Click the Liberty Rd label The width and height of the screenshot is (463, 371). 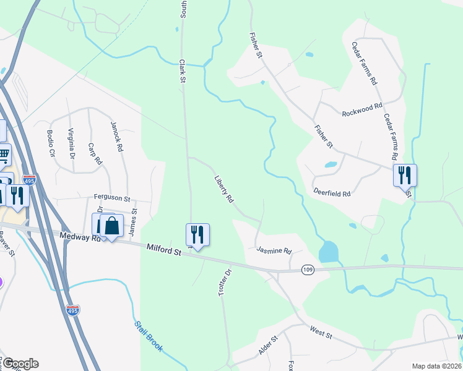pyautogui.click(x=223, y=189)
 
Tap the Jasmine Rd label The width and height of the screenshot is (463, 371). pyautogui.click(x=274, y=250)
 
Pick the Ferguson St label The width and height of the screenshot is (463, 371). pyautogui.click(x=111, y=198)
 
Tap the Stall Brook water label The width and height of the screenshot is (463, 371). pyautogui.click(x=149, y=337)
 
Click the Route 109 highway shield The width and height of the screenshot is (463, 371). pyautogui.click(x=308, y=270)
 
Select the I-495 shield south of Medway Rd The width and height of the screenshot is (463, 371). pyautogui.click(x=73, y=309)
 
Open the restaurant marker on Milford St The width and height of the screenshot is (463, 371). pyautogui.click(x=197, y=235)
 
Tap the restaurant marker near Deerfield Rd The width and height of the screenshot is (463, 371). pyautogui.click(x=405, y=176)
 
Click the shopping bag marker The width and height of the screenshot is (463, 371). pyautogui.click(x=111, y=226)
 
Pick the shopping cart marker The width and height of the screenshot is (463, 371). pyautogui.click(x=4, y=155)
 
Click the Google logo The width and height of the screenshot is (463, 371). pyautogui.click(x=20, y=364)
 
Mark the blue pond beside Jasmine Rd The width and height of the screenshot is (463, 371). pyautogui.click(x=328, y=251)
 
